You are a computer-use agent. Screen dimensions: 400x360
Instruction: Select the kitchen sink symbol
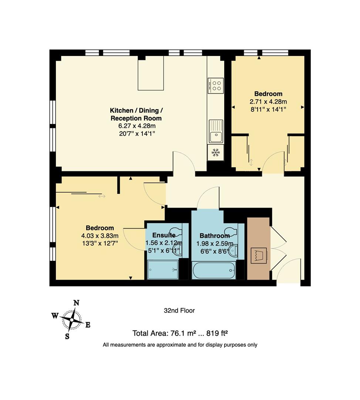[215, 131]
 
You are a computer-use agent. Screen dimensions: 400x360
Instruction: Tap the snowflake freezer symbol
[215, 152]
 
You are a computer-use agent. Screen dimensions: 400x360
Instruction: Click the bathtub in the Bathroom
[214, 270]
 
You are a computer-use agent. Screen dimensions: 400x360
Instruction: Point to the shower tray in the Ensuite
[163, 270]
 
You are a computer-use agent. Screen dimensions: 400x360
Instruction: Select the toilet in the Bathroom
[232, 232]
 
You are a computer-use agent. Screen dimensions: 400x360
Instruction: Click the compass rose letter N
[77, 303]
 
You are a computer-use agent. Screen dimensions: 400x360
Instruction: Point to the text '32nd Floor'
[179, 311]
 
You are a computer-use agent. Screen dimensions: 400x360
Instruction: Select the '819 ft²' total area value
[217, 333]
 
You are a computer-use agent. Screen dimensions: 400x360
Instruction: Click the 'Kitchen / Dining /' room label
[136, 110]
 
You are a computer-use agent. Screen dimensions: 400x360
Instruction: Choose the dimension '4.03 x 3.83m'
[100, 236]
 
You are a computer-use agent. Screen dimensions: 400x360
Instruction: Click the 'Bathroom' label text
[215, 236]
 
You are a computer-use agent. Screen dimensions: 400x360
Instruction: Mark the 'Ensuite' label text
[164, 235]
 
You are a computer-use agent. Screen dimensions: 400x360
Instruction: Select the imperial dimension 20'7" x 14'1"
[136, 134]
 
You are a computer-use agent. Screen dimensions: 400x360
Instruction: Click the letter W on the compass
[55, 316]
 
